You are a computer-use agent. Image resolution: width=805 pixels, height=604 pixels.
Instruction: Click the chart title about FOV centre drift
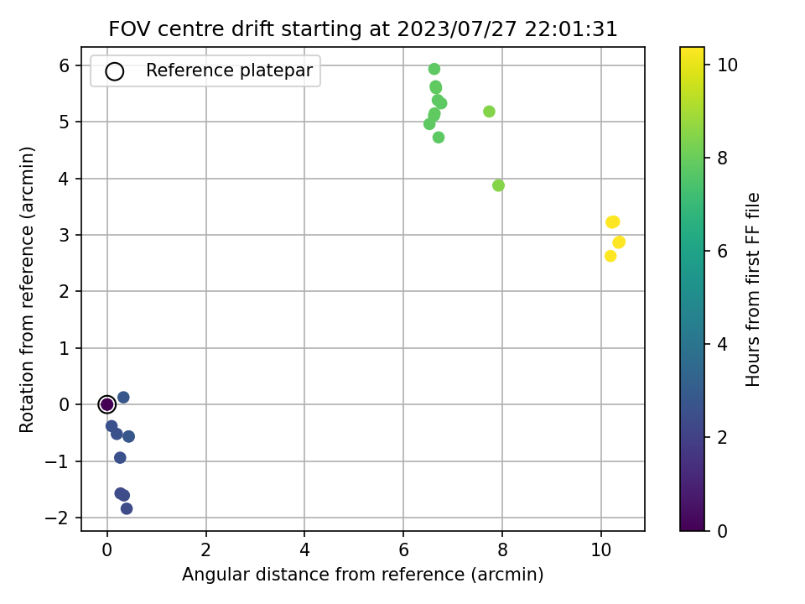tap(362, 29)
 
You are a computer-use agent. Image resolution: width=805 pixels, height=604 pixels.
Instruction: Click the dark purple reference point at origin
tap(106, 404)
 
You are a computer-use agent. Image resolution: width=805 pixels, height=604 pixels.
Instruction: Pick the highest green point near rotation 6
tap(434, 69)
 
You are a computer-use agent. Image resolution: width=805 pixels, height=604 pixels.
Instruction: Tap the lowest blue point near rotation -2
tap(127, 508)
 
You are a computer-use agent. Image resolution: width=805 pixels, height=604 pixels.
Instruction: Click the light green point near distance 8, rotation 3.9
tap(498, 185)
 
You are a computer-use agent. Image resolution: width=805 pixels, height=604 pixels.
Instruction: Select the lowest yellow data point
tap(610, 256)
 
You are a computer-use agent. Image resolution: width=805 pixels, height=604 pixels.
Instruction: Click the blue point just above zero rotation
tap(123, 397)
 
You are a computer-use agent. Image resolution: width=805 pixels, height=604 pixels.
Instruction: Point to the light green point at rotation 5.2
tap(489, 112)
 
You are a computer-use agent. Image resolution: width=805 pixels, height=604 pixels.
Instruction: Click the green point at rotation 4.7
tap(438, 137)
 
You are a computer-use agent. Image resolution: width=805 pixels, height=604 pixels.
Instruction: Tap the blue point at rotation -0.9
tap(120, 458)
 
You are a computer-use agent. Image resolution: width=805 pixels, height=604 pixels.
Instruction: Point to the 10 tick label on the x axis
tap(600, 550)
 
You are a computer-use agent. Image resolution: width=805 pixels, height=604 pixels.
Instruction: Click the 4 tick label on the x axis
tap(304, 550)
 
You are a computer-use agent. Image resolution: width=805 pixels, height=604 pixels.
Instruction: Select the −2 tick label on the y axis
tap(56, 518)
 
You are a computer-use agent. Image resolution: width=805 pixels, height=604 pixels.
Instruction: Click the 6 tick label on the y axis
tap(64, 65)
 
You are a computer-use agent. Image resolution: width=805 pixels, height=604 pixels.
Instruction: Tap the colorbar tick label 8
tap(722, 158)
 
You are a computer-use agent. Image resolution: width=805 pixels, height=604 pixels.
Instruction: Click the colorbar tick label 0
tap(722, 531)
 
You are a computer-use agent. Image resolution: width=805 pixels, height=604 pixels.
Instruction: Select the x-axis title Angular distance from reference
tap(362, 574)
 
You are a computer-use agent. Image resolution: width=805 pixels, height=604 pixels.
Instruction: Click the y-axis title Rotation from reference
tap(26, 289)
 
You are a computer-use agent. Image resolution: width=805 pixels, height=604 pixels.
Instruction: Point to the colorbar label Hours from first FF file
tap(752, 289)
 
